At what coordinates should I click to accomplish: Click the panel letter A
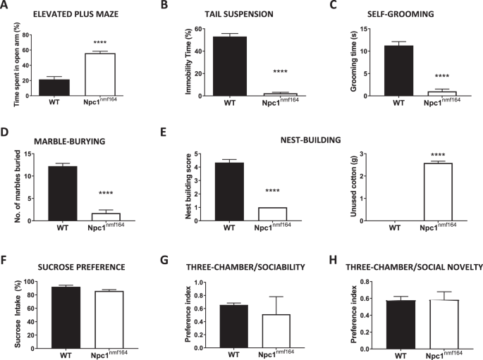[5, 6]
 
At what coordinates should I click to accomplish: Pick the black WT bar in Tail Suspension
[229, 66]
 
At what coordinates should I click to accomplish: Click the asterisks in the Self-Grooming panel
[442, 76]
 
